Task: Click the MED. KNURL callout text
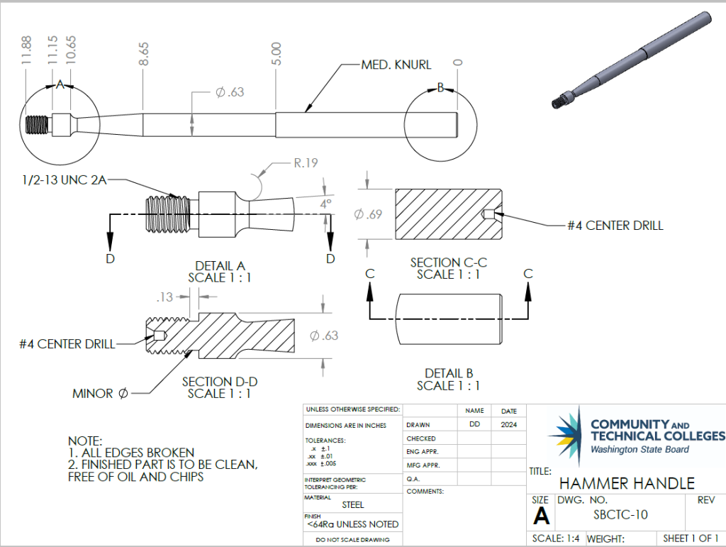point(396,65)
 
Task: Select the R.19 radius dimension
point(306,162)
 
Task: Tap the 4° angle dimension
point(325,204)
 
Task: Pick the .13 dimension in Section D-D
point(164,297)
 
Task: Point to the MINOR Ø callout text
point(100,393)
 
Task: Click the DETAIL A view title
point(219,265)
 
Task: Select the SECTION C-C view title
point(448,263)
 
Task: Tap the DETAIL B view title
point(448,373)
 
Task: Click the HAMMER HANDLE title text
point(627,484)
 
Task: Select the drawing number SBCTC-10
point(620,515)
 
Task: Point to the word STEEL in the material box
point(353,504)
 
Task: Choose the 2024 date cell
point(509,425)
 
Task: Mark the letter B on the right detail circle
point(440,87)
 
